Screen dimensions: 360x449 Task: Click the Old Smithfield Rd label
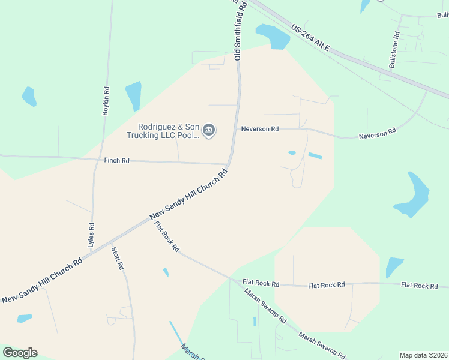click(x=237, y=30)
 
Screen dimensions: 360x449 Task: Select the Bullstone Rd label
click(x=394, y=50)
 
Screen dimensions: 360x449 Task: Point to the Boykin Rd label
click(x=106, y=101)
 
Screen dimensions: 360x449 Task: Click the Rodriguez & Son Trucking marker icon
click(x=209, y=130)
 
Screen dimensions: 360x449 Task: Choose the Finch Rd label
click(x=117, y=160)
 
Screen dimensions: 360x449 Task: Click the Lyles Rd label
click(x=92, y=235)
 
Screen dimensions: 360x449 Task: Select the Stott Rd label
click(x=118, y=257)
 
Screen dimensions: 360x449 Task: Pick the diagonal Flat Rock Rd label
click(x=167, y=236)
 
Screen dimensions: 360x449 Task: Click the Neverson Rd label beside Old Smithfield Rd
click(x=260, y=129)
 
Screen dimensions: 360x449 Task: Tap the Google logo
click(x=20, y=353)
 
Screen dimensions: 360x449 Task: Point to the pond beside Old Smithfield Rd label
click(x=273, y=37)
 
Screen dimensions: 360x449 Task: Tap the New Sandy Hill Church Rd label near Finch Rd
click(x=188, y=194)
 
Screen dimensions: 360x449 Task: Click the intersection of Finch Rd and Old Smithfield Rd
click(x=226, y=164)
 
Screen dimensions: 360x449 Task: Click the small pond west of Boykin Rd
click(x=29, y=96)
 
